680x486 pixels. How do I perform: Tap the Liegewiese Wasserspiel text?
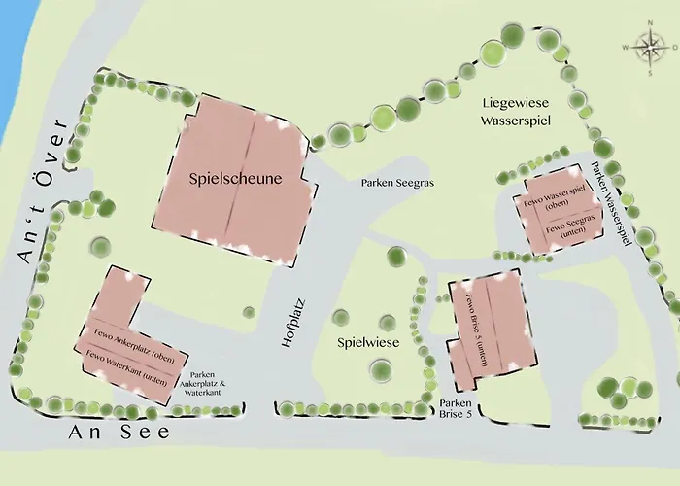(518, 112)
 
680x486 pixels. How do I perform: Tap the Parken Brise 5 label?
(458, 409)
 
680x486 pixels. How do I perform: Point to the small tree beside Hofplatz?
(250, 312)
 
